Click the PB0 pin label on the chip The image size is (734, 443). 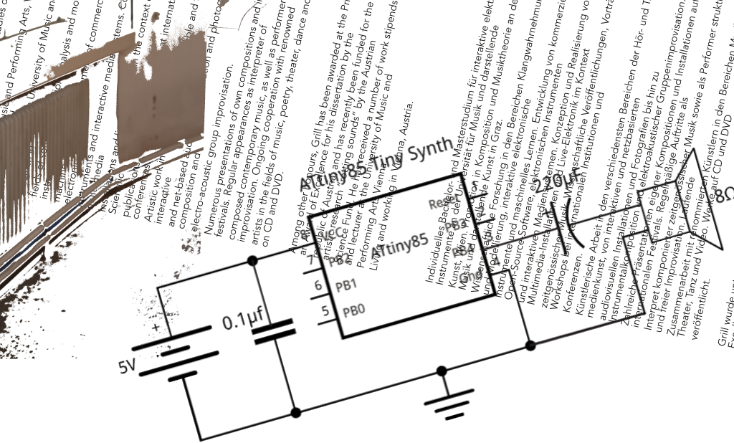click(354, 311)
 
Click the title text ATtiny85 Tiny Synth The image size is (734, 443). click(376, 165)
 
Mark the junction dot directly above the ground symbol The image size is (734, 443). click(442, 371)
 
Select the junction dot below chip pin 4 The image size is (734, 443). click(530, 346)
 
